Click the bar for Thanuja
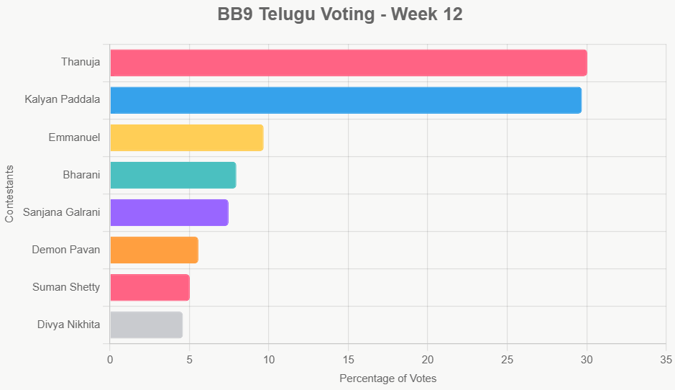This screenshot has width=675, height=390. click(348, 63)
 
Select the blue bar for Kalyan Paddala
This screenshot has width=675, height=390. click(345, 100)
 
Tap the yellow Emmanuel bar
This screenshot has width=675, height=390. click(186, 137)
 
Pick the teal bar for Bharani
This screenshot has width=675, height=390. click(173, 175)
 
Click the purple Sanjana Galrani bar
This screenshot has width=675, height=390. click(169, 212)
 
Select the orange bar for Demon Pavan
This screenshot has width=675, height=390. click(154, 250)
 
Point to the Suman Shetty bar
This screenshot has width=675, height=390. click(150, 287)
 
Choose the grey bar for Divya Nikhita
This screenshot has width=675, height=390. click(146, 325)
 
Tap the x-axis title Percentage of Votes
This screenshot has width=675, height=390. click(387, 378)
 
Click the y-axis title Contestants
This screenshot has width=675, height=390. click(9, 194)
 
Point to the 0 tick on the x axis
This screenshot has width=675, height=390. click(110, 359)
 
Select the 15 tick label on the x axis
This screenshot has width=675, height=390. click(348, 359)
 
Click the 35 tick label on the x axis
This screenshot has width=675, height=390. click(666, 359)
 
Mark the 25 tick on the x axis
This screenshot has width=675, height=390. click(507, 359)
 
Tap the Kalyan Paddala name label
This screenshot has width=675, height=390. click(62, 100)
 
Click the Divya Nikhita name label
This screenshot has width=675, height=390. click(68, 325)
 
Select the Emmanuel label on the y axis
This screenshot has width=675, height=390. click(74, 137)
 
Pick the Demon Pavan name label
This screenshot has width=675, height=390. click(65, 250)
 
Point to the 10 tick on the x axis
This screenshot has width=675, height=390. click(268, 359)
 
